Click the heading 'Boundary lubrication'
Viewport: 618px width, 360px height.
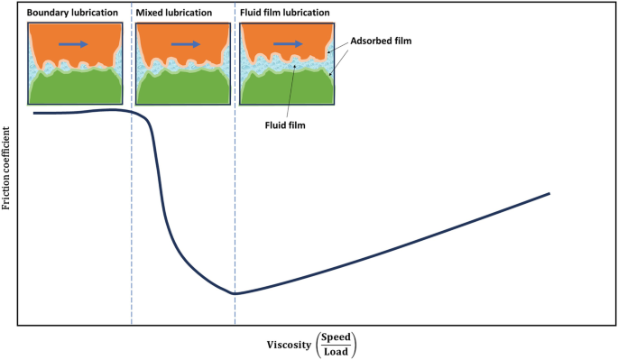[73, 14]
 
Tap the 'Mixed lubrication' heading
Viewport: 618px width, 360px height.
[175, 14]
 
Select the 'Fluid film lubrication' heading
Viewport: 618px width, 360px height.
[284, 14]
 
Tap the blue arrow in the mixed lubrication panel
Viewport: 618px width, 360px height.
[184, 42]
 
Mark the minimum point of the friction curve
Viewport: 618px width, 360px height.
[235, 294]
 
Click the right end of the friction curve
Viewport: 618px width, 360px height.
[549, 193]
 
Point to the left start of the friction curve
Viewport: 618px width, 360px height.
[34, 113]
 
